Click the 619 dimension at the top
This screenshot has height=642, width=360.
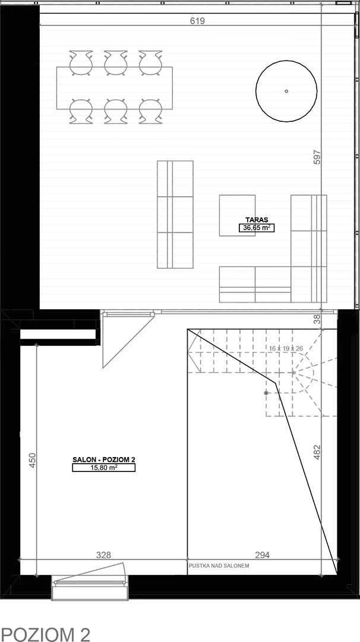197,21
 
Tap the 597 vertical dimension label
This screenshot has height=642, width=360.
317,157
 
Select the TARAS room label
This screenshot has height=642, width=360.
257,219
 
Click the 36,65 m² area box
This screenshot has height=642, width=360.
257,228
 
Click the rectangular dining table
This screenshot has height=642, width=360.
115,87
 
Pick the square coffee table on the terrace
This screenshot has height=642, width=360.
237,215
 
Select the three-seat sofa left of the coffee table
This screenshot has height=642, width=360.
175,215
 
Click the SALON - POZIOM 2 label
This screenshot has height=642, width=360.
103,460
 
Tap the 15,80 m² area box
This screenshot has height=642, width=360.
103,468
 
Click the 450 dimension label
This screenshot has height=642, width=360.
33,460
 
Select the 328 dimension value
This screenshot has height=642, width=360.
103,555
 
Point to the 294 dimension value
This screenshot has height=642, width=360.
262,555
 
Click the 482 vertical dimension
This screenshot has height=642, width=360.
317,452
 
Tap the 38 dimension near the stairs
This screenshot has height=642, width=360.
317,319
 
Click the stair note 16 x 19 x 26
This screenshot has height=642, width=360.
286,348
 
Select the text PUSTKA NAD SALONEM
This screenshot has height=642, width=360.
219,566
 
